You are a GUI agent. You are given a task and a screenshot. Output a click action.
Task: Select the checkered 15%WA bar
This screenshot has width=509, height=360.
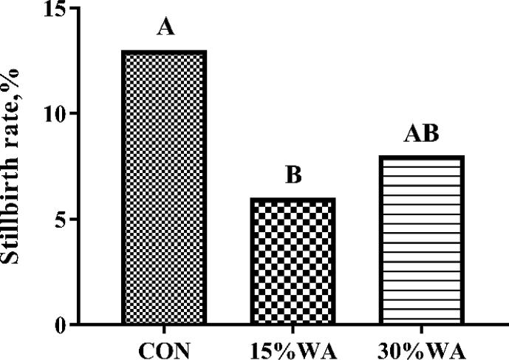tap(293, 262)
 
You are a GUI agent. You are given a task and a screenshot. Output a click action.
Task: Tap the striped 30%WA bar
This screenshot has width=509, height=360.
tap(421, 240)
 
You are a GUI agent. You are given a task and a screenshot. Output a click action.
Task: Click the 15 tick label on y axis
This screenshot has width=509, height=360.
tap(55, 10)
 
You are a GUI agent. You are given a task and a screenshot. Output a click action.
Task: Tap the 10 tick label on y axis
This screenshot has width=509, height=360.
tap(55, 114)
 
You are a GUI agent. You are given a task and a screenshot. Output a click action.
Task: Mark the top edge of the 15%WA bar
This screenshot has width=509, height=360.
tap(293, 199)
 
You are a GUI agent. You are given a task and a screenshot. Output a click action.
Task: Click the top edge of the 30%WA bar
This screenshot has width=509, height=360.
tap(421, 157)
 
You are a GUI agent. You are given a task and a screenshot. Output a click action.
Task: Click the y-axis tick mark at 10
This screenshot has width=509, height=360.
tap(74, 114)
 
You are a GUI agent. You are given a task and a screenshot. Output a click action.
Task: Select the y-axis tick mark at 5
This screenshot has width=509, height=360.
tap(74, 220)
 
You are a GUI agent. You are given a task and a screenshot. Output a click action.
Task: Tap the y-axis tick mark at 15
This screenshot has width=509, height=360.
tap(74, 9)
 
